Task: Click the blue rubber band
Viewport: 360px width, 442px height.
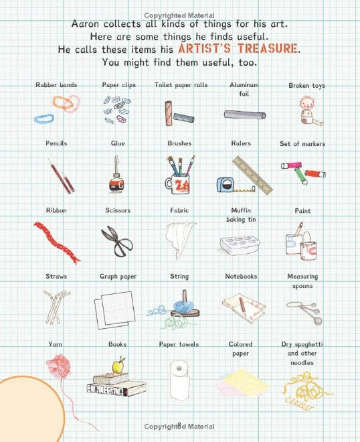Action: [43, 119]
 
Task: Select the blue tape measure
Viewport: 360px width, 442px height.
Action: [226, 185]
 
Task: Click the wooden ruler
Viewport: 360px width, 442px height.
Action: [252, 175]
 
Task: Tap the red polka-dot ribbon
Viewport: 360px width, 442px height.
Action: [57, 242]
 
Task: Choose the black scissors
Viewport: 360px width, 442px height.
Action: [117, 241]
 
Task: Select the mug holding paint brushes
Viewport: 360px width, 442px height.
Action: [178, 183]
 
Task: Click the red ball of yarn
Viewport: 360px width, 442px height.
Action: [59, 366]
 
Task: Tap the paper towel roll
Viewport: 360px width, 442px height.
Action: [179, 380]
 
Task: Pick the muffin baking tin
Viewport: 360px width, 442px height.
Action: [240, 245]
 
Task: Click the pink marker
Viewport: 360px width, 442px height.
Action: [291, 165]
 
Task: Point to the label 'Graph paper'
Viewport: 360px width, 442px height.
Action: [118, 277]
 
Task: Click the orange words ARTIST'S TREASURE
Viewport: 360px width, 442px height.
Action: [238, 49]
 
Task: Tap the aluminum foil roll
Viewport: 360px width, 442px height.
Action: [245, 115]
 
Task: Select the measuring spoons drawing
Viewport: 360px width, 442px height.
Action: [304, 312]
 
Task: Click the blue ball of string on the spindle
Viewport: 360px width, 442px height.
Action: [183, 307]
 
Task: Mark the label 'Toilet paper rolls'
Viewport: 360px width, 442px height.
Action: [181, 85]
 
